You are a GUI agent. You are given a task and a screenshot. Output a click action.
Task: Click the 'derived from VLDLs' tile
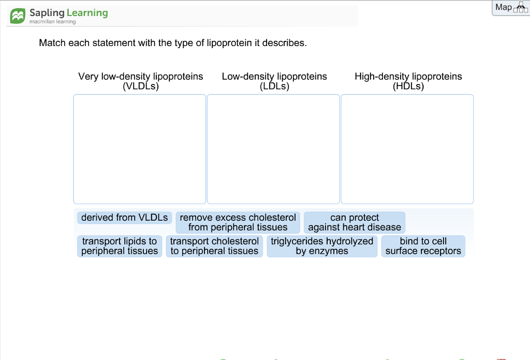click(x=124, y=218)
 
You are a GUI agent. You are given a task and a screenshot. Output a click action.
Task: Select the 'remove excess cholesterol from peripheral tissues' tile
click(x=238, y=222)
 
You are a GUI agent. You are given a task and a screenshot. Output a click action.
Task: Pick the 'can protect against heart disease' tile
click(x=355, y=222)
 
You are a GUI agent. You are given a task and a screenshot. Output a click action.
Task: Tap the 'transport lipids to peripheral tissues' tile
click(x=120, y=246)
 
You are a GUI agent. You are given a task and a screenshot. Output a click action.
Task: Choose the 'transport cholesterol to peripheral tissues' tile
click(x=214, y=246)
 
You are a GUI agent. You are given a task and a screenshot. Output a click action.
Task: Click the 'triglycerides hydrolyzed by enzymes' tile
click(x=322, y=246)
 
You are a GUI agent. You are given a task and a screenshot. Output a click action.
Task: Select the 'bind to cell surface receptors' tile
click(x=423, y=246)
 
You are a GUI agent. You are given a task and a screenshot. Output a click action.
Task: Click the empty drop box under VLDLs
click(x=140, y=149)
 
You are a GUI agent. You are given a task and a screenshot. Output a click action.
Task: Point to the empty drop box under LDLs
click(x=273, y=149)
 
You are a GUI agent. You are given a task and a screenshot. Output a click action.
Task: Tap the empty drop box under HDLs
click(x=407, y=149)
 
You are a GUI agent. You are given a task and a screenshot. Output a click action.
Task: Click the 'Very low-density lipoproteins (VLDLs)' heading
click(x=141, y=81)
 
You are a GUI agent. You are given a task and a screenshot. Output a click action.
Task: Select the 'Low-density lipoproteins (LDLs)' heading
click(x=274, y=81)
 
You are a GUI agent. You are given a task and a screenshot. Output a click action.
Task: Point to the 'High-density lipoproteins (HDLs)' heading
click(x=408, y=81)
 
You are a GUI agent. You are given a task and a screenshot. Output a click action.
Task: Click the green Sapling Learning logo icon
click(x=18, y=16)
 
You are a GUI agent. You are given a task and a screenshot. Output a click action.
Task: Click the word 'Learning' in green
click(x=87, y=13)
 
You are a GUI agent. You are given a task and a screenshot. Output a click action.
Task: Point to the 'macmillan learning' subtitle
click(x=52, y=22)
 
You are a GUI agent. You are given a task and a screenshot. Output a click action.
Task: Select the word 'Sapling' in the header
click(x=47, y=13)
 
